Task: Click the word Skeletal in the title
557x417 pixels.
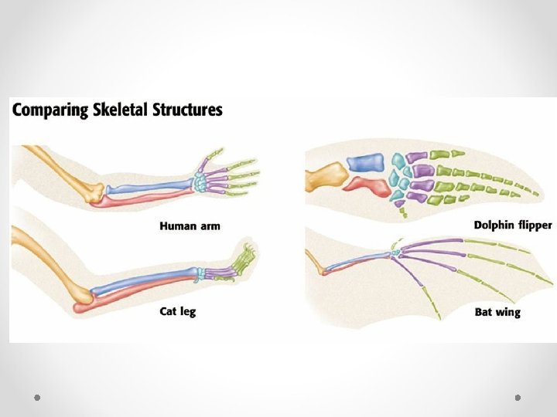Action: point(126,110)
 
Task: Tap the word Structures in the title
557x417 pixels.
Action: point(190,110)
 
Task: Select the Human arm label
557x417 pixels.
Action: point(190,226)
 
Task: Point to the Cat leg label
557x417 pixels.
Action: point(178,312)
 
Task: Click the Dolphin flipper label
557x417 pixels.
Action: point(513,225)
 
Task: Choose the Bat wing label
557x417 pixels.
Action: point(497,313)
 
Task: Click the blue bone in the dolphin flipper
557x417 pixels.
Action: point(364,162)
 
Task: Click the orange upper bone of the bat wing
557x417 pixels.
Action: point(315,263)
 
